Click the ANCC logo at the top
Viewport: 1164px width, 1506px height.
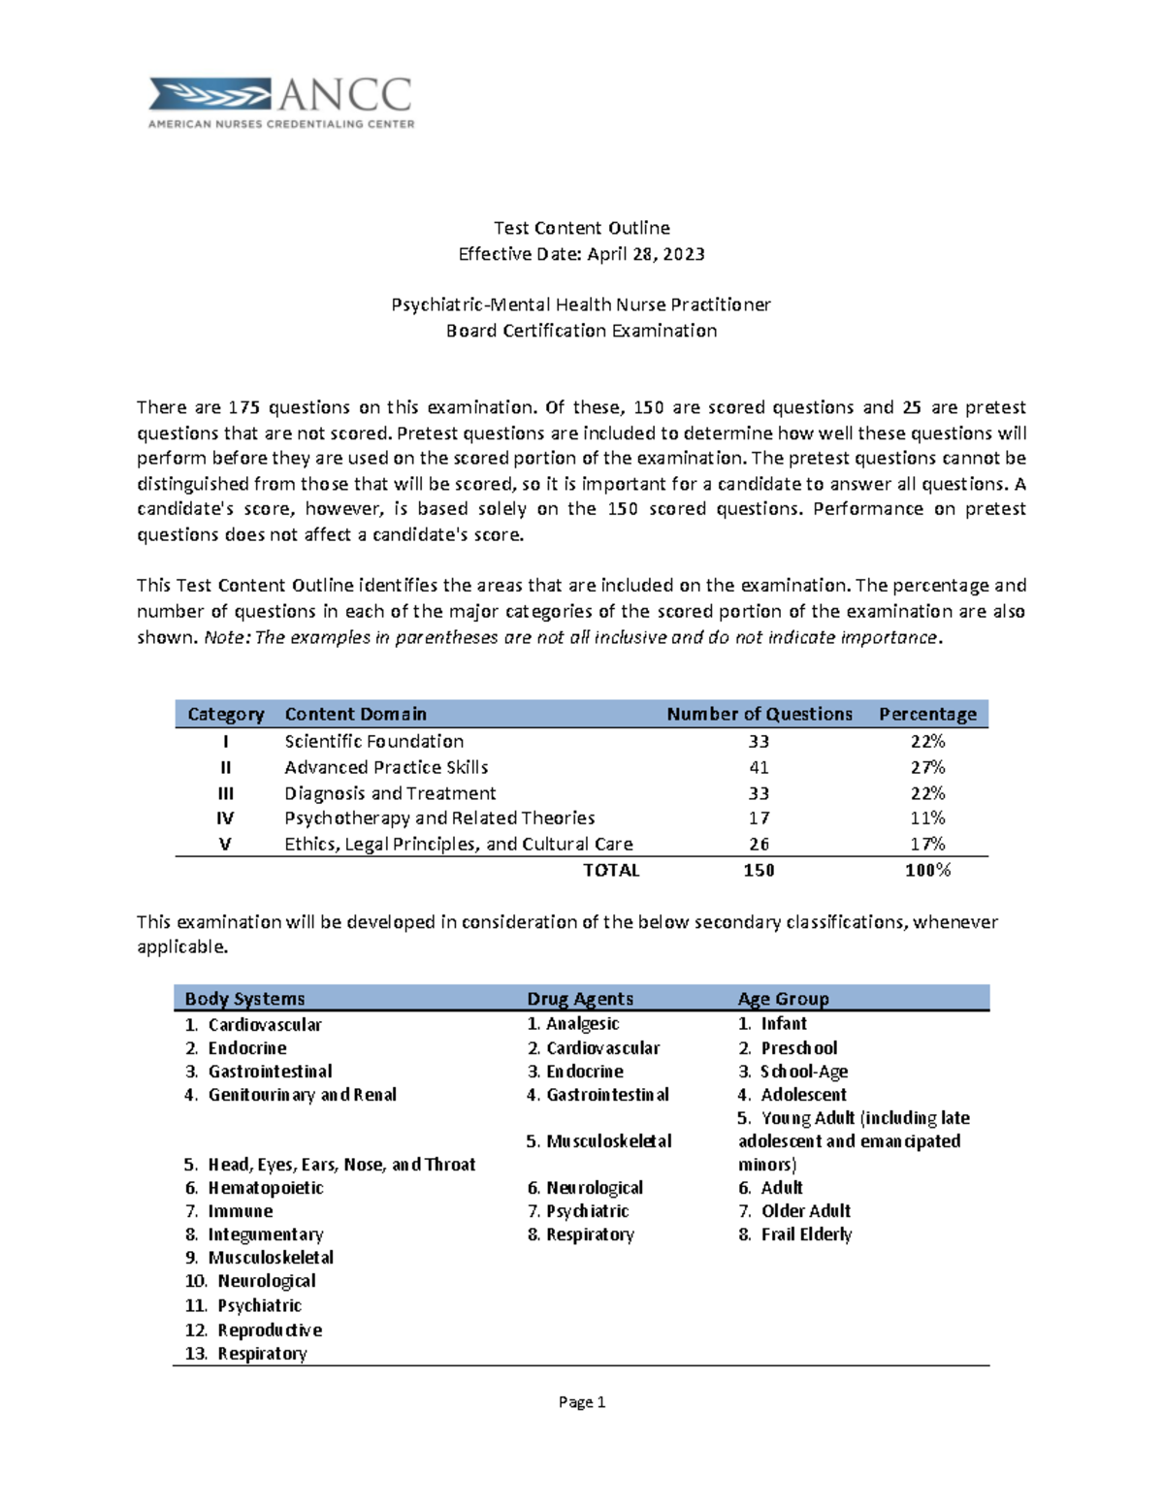(281, 103)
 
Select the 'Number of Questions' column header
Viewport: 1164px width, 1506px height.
(759, 714)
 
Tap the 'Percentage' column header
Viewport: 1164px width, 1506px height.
(927, 714)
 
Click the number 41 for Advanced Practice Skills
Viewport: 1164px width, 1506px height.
(759, 767)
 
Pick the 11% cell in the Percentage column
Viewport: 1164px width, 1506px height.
(927, 818)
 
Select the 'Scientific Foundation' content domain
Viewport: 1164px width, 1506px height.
(373, 742)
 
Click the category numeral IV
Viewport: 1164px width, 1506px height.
(225, 818)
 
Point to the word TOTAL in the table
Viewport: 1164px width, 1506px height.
(611, 871)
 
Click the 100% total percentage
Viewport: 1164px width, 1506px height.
(927, 871)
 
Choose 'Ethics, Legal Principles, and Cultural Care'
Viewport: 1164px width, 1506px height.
(458, 845)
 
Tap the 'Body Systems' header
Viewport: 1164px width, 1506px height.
(244, 999)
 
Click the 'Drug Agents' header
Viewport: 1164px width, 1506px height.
(579, 999)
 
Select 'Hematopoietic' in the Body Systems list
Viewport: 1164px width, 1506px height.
(265, 1188)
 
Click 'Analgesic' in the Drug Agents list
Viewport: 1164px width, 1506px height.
(582, 1024)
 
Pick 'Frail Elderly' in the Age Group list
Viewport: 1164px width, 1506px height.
(805, 1234)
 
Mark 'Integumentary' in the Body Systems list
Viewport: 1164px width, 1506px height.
(265, 1234)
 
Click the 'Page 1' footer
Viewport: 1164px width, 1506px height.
(582, 1402)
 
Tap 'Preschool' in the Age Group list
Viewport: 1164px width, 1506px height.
(798, 1048)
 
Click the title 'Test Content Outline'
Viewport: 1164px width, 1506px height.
(581, 228)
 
